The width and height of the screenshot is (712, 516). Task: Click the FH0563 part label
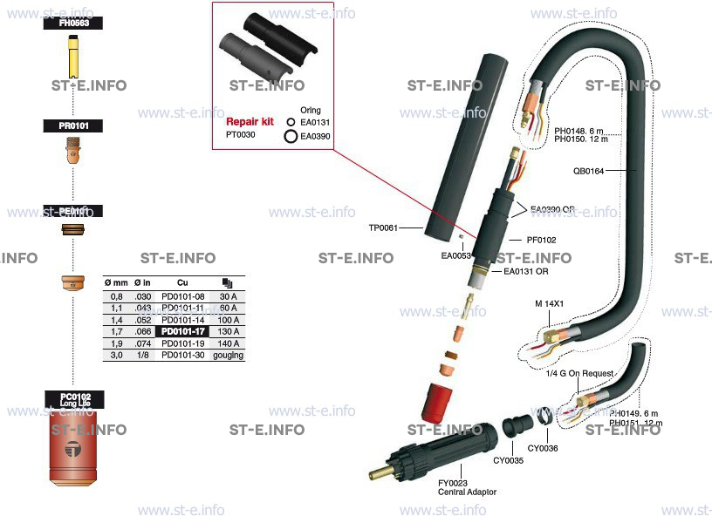point(73,24)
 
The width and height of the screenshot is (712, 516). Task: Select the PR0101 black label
point(73,126)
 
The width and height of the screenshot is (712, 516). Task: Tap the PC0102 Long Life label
point(74,399)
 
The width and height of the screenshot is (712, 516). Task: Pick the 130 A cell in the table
point(229,332)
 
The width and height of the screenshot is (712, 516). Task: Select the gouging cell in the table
point(229,356)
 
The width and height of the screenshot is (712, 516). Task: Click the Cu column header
point(182,283)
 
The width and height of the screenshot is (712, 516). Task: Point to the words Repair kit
point(250,121)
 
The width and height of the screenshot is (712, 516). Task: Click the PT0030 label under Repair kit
point(241,135)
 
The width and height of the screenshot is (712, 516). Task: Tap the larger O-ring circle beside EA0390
point(291,137)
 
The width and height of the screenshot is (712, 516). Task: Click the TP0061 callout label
point(382,227)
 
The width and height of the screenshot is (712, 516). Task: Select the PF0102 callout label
point(541,239)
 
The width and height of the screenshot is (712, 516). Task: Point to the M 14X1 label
point(549,304)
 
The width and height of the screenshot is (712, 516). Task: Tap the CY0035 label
point(508,460)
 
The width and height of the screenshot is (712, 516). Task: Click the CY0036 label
point(543,448)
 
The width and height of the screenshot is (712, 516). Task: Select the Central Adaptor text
point(467,492)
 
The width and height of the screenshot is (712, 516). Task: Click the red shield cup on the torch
point(442,399)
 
